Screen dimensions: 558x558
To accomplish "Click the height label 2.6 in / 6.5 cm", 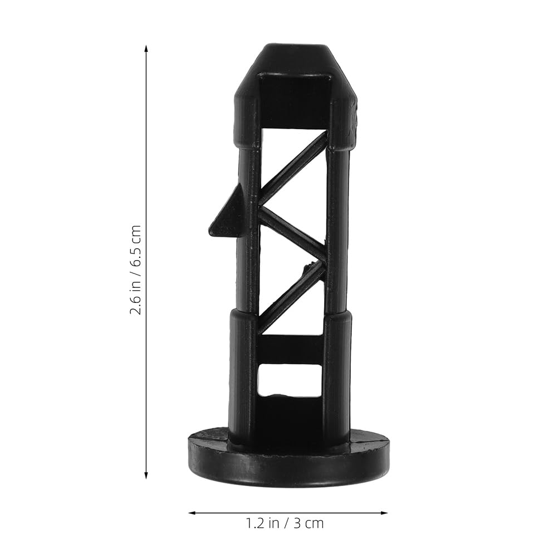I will (136, 270).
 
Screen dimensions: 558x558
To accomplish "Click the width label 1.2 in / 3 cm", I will (285, 523).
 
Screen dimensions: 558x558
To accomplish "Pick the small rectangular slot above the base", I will (290, 380).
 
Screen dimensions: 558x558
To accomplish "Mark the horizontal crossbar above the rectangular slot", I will (290, 349).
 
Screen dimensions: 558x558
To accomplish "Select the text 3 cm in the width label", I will (310, 523).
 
